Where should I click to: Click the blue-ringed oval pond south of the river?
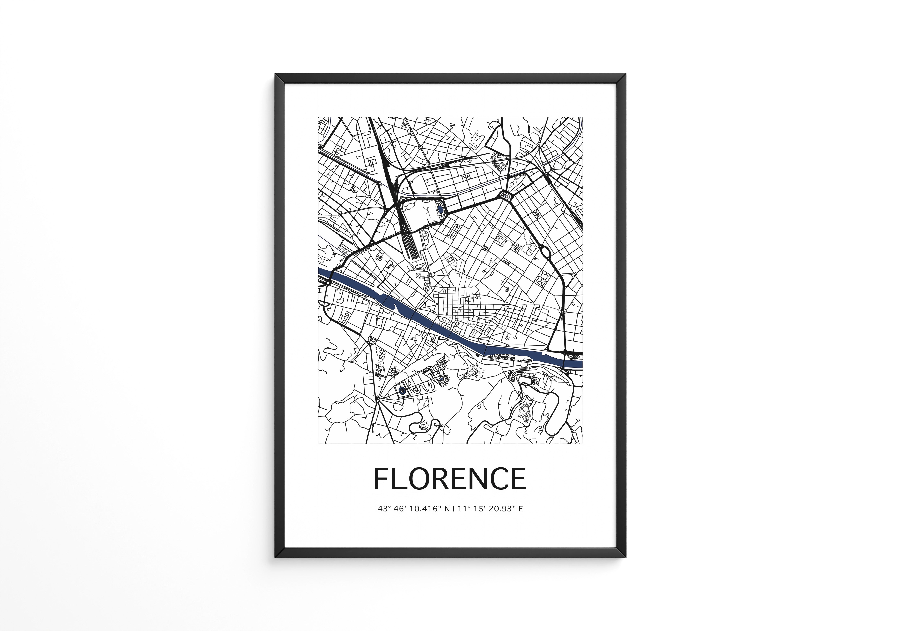point(401,390)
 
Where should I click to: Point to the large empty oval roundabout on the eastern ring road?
point(545,251)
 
